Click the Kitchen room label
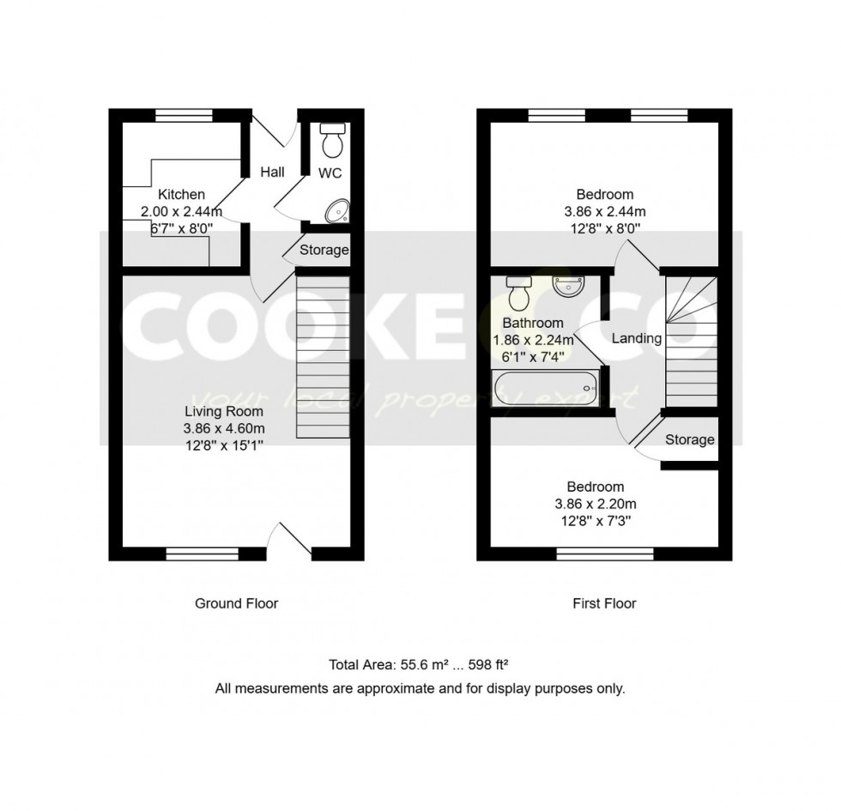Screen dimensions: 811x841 click(181, 195)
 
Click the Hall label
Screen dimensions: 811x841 click(273, 172)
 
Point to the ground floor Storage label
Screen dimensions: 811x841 click(324, 251)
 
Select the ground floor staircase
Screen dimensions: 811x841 click(323, 355)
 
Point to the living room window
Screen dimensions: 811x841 click(202, 554)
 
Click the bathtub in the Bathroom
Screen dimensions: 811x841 click(545, 390)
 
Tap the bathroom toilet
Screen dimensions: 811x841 click(518, 294)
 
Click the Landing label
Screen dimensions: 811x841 click(636, 338)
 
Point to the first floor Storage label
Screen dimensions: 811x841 click(690, 439)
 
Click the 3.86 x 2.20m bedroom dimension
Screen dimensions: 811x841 click(600, 504)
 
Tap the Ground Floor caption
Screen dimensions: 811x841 click(236, 603)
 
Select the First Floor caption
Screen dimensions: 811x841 click(604, 603)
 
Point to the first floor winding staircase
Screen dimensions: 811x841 click(692, 341)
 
